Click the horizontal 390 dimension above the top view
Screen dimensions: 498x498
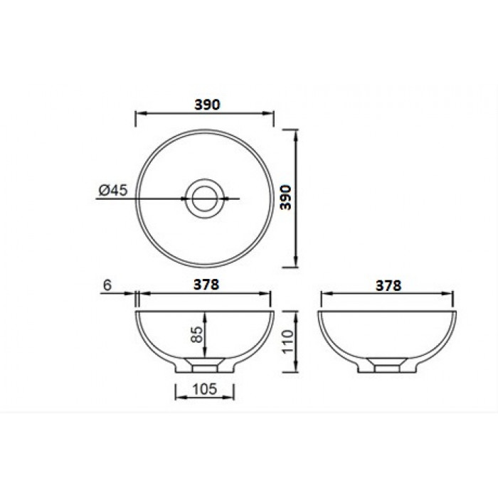tap(207, 105)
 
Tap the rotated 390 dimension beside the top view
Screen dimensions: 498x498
tap(286, 198)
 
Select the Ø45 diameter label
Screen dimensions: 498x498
tap(113, 190)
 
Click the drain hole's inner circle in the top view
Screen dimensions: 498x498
tap(205, 198)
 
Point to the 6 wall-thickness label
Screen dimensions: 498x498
tap(107, 285)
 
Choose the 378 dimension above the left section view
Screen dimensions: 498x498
tap(206, 285)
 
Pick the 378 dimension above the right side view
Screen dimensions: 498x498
tap(388, 286)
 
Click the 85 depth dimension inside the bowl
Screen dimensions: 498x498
tap(197, 334)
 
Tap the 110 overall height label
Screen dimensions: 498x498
tap(288, 341)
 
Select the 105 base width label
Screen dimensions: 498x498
tap(205, 388)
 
